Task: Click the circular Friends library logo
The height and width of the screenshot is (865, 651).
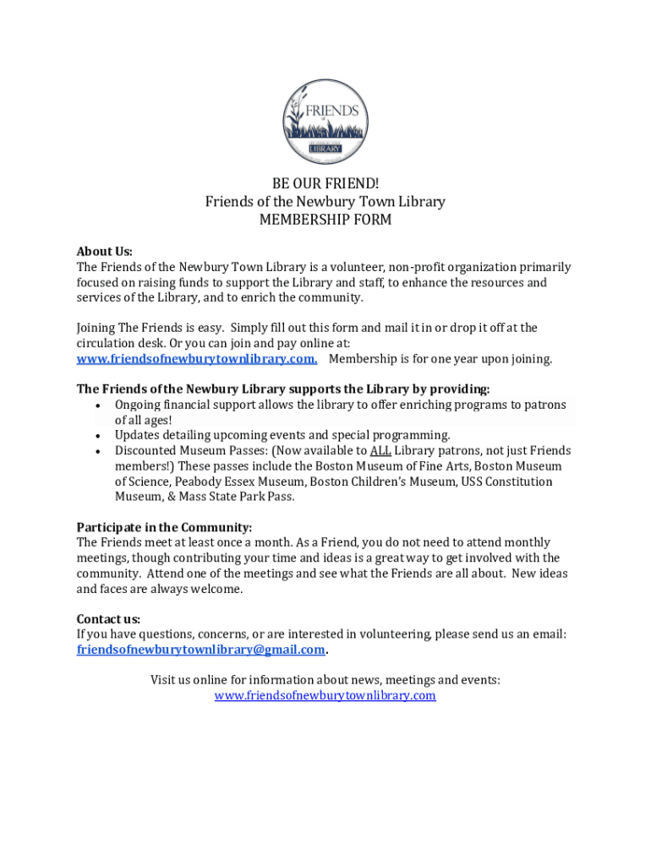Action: [x=325, y=122]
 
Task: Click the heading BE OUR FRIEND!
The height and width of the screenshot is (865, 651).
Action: [x=325, y=183]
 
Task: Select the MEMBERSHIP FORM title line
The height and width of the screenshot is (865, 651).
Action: [x=325, y=220]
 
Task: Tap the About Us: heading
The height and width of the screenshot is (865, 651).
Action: [x=105, y=251]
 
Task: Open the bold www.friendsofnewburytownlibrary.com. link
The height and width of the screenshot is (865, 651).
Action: [x=197, y=359]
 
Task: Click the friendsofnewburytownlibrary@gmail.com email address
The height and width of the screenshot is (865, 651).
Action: [x=200, y=650]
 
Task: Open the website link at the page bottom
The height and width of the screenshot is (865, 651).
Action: [x=325, y=695]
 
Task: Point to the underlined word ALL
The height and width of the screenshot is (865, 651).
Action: [x=380, y=450]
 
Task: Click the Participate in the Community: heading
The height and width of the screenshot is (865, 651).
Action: [x=164, y=527]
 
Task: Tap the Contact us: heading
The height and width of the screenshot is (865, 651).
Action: [x=108, y=618]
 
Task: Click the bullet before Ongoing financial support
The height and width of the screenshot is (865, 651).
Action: [x=99, y=405]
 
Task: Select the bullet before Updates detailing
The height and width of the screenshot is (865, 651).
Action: [x=99, y=436]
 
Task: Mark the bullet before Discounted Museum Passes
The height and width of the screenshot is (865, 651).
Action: [x=99, y=451]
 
